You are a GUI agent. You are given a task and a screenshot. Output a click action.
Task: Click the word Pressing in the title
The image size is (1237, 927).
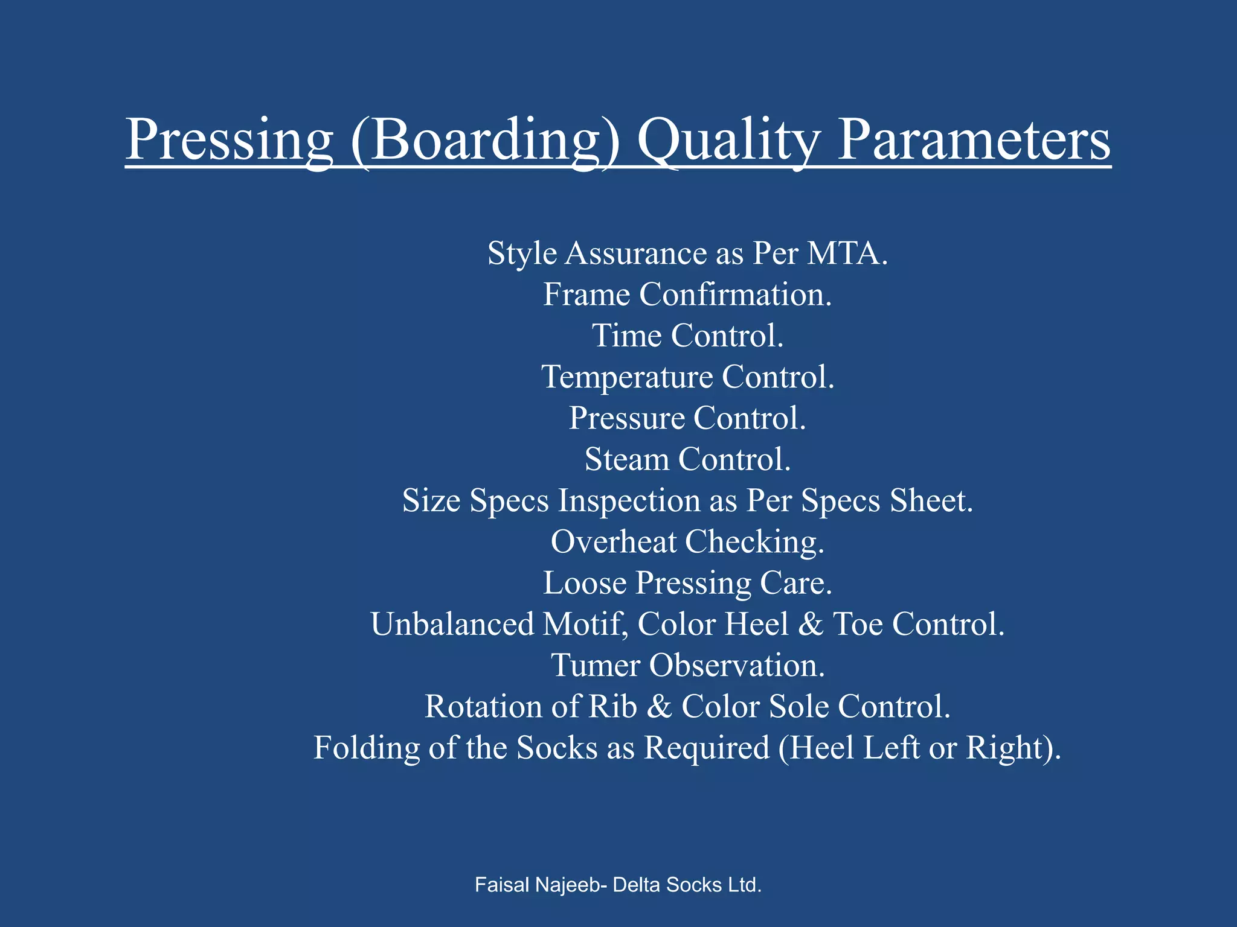(x=229, y=140)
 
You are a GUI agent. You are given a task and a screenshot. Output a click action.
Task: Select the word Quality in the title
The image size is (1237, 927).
(x=728, y=140)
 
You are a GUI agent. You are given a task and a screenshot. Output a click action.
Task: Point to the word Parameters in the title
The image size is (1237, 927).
(x=974, y=140)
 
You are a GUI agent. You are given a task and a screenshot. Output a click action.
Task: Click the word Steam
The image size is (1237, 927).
(x=626, y=459)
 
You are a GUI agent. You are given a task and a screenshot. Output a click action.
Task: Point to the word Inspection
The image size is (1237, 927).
(x=628, y=501)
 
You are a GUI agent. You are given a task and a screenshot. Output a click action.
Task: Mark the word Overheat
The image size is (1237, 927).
(x=613, y=542)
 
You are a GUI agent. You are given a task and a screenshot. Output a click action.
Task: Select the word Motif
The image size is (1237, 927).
(x=585, y=624)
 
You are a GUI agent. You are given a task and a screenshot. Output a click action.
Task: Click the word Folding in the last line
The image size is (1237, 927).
(x=366, y=748)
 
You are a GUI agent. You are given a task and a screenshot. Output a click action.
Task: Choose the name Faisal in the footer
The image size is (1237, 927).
(x=502, y=885)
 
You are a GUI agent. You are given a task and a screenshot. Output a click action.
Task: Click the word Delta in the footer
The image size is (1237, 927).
(x=637, y=885)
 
